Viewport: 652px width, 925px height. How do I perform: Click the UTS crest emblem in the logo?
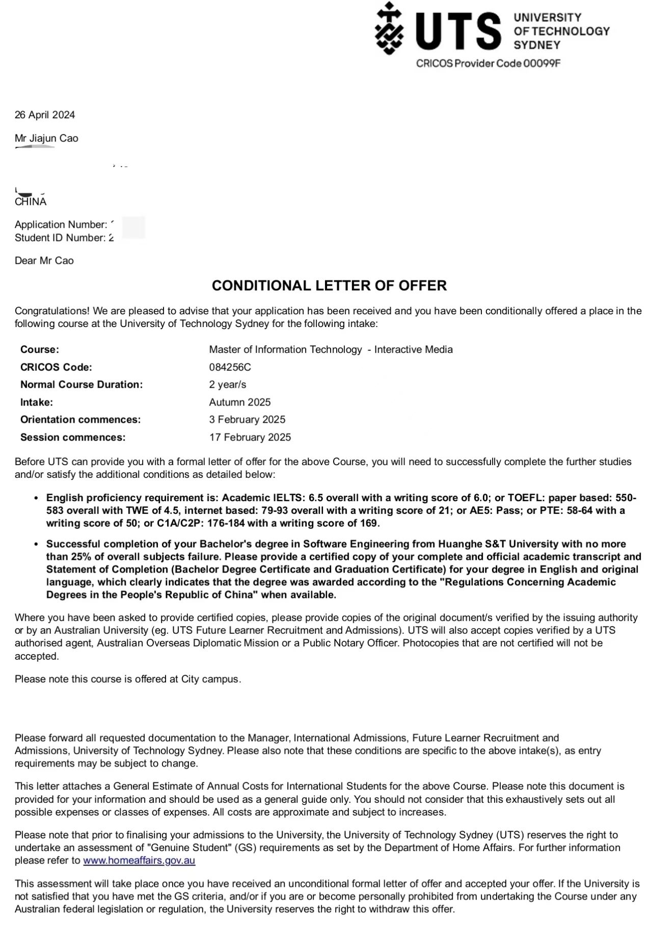coord(389,29)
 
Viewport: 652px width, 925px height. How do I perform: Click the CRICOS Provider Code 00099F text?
coord(488,64)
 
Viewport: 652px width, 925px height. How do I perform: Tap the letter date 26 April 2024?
coord(45,115)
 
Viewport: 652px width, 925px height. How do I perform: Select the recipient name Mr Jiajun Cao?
coord(46,139)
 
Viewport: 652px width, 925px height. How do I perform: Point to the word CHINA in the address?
coord(31,202)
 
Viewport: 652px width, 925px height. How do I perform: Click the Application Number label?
coord(61,225)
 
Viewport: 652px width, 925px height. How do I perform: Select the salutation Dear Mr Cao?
coord(44,261)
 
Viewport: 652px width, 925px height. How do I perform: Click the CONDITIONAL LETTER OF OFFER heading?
coord(329,286)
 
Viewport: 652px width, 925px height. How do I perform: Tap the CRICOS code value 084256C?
coord(230,367)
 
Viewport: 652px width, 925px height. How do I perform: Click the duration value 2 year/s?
coord(227,385)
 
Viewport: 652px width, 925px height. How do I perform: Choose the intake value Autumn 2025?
coord(240,402)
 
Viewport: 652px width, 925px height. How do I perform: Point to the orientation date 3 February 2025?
coord(247,420)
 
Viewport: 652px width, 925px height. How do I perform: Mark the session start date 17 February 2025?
coord(250,438)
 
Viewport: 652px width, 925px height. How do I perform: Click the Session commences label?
coord(73,438)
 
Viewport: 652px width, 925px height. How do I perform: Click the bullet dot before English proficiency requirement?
coord(36,498)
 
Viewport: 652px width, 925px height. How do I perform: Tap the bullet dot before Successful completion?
coord(36,545)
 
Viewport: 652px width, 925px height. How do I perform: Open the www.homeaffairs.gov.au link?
coord(139,861)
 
